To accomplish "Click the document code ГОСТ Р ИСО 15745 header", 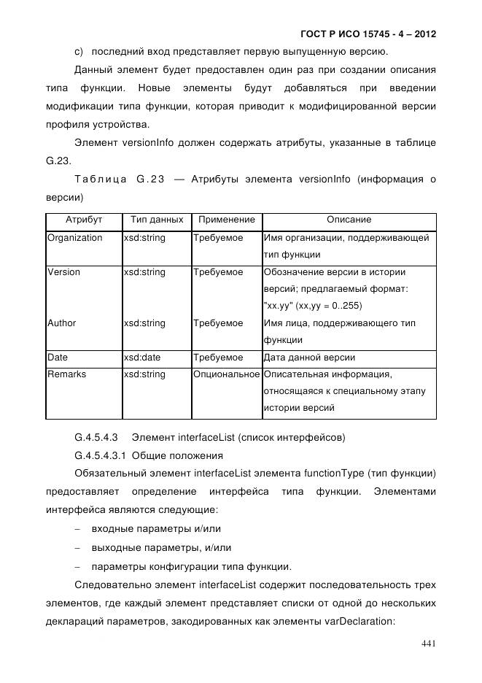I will pyautogui.click(x=368, y=34).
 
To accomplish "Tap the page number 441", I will pyautogui.click(x=429, y=643).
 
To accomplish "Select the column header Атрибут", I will pyautogui.click(x=84, y=220).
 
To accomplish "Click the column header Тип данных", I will pyautogui.click(x=156, y=220).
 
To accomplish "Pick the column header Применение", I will pyautogui.click(x=227, y=220).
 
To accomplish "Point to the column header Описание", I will pyautogui.click(x=349, y=220).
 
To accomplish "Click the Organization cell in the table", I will pyautogui.click(x=74, y=238).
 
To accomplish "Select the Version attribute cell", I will pyautogui.click(x=63, y=272).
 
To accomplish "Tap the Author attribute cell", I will pyautogui.click(x=61, y=323).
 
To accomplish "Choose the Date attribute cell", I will pyautogui.click(x=58, y=358).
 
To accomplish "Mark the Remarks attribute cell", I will pyautogui.click(x=66, y=374).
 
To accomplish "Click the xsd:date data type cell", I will pyautogui.click(x=142, y=358).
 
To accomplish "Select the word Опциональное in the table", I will pyautogui.click(x=227, y=374).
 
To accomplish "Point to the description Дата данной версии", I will pyautogui.click(x=309, y=358).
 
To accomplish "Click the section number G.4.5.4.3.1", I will pyautogui.click(x=101, y=456).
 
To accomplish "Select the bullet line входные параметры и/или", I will pyautogui.click(x=151, y=528).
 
